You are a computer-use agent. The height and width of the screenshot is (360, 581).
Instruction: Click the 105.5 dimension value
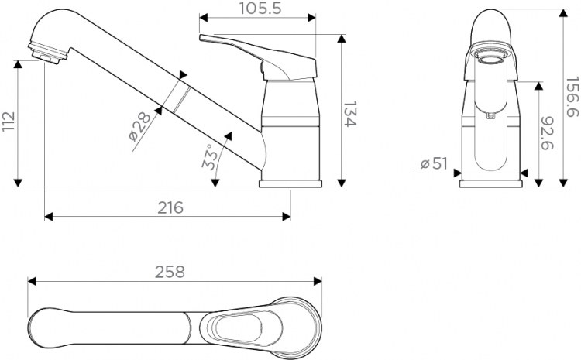pos(260,9)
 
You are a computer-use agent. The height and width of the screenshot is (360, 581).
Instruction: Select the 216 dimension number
pos(170,207)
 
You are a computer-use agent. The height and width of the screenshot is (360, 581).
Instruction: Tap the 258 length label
pos(170,273)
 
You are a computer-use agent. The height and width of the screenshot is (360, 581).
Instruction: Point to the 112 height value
pos(9,121)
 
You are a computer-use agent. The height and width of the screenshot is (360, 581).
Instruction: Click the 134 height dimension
pos(350,114)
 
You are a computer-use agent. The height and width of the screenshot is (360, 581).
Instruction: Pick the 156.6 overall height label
pos(572,97)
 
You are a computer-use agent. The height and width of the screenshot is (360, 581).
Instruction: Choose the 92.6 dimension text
pos(547,133)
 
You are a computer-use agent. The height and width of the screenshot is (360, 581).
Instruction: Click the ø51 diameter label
pos(435,163)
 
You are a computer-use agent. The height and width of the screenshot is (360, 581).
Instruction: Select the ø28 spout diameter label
pos(139,126)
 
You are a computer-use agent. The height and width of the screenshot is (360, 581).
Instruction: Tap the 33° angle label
pos(210,157)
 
